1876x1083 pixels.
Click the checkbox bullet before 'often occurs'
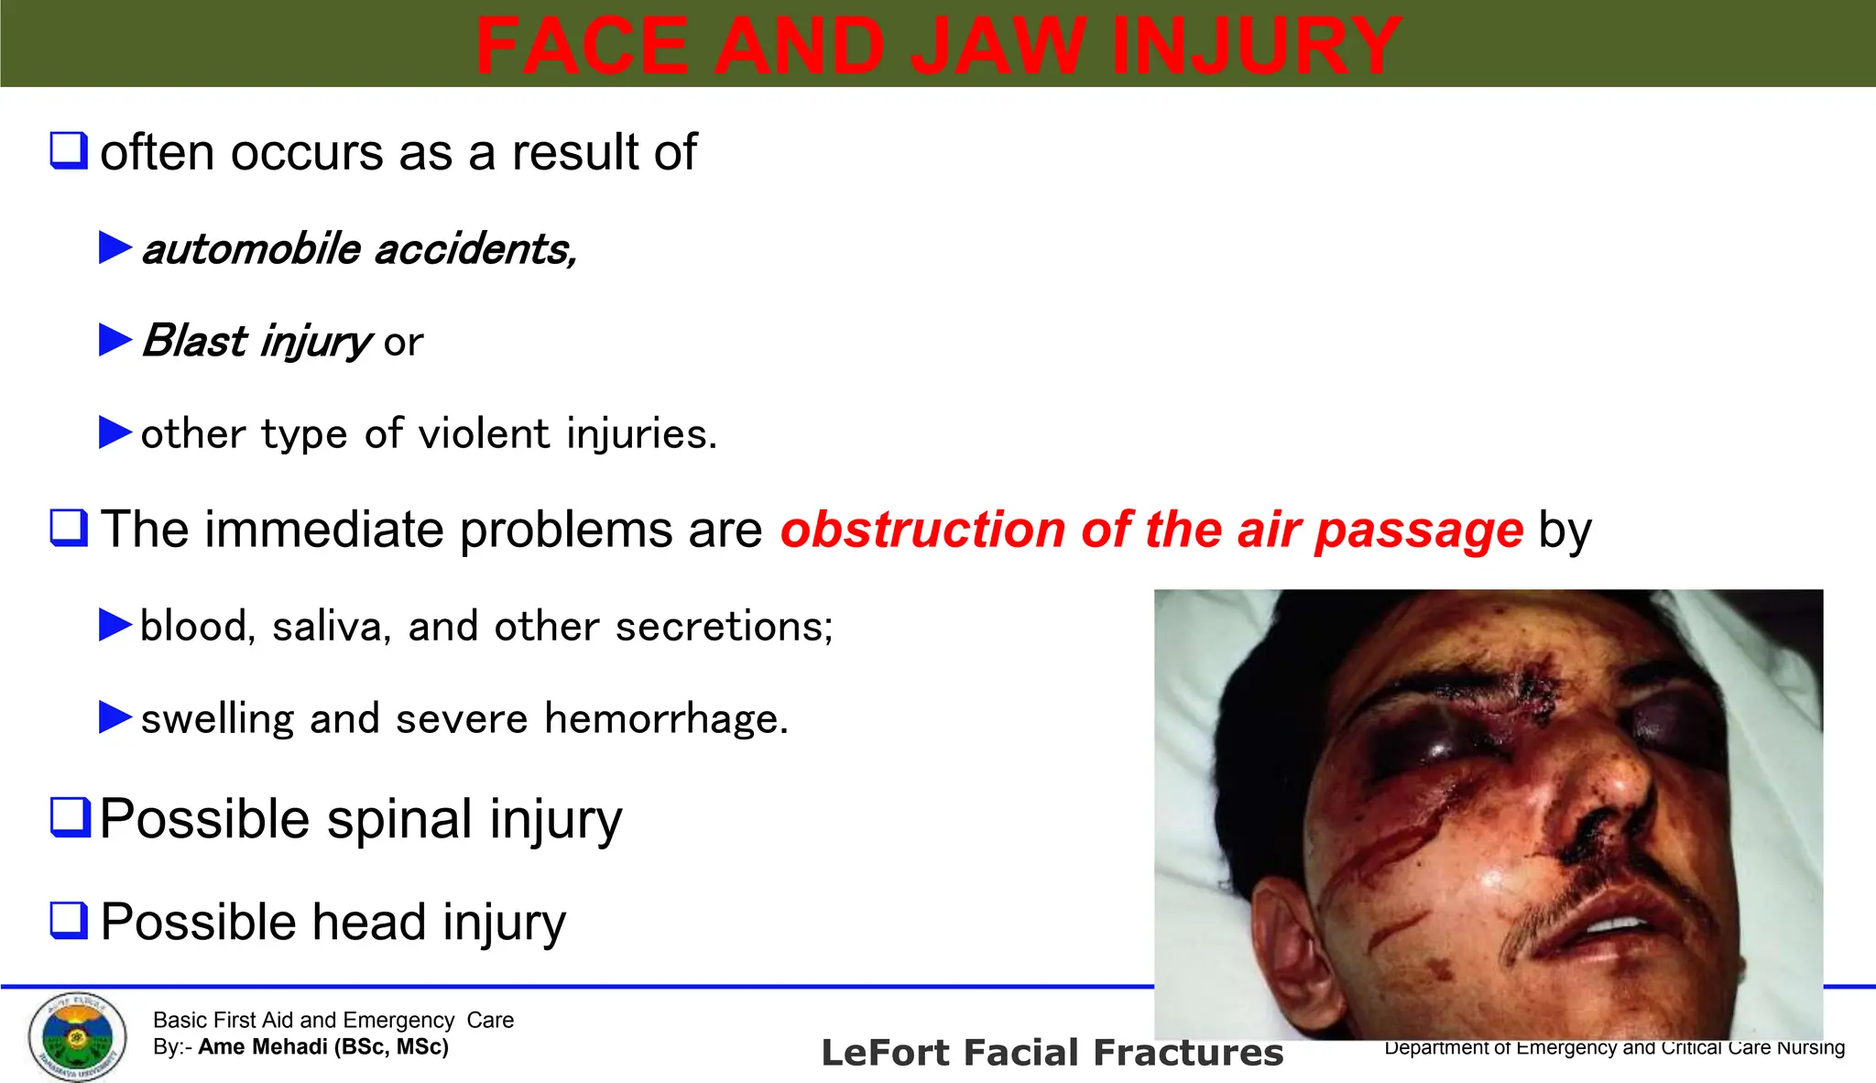[69, 150]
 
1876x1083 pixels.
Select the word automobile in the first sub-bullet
[252, 249]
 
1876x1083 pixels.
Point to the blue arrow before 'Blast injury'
[115, 340]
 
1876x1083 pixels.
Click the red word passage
[1419, 530]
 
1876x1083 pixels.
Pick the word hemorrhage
[666, 718]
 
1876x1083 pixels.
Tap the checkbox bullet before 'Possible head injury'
[69, 920]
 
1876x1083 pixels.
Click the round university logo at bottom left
[77, 1036]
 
